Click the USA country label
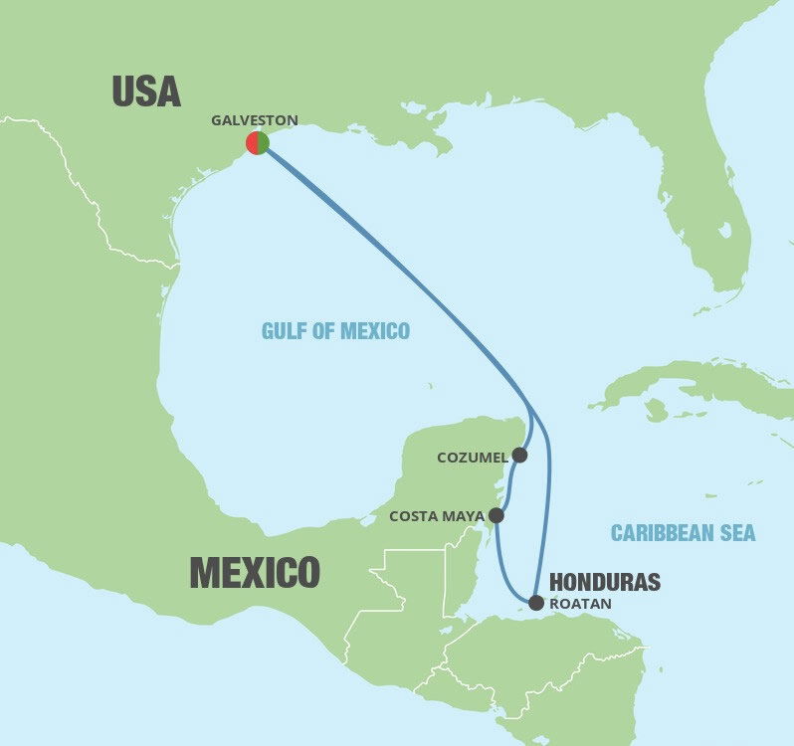[x=145, y=92]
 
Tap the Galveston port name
[x=254, y=120]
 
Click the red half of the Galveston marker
[x=252, y=143]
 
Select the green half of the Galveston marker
[x=264, y=143]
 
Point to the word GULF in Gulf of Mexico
[x=285, y=331]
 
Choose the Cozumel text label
[x=472, y=458]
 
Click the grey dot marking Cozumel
[x=519, y=456]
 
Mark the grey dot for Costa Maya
[x=496, y=516]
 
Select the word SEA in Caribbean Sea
[x=738, y=534]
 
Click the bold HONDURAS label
[x=604, y=583]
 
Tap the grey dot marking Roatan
[x=536, y=602]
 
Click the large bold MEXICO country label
[x=255, y=573]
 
